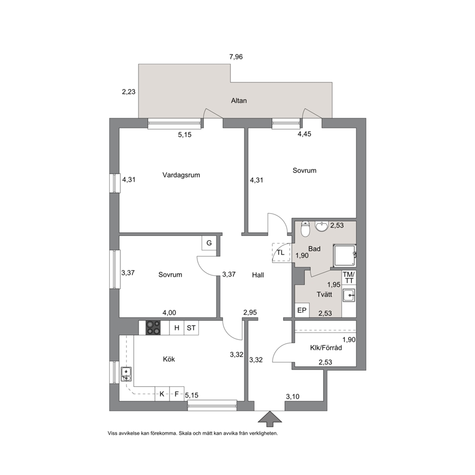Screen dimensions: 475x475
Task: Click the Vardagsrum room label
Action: pyautogui.click(x=181, y=175)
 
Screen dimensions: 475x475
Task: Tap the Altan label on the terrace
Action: pyautogui.click(x=239, y=101)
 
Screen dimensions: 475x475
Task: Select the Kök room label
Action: pyautogui.click(x=169, y=359)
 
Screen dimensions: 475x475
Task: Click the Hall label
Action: pyautogui.click(x=258, y=275)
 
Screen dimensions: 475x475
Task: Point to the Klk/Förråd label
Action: pyautogui.click(x=326, y=348)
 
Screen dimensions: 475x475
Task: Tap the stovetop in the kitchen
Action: pyautogui.click(x=153, y=328)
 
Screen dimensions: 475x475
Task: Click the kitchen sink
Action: pyautogui.click(x=126, y=374)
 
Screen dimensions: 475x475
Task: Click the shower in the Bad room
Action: pyautogui.click(x=345, y=256)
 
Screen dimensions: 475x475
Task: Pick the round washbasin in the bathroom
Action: pyautogui.click(x=322, y=226)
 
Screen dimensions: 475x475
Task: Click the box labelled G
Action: pyautogui.click(x=209, y=243)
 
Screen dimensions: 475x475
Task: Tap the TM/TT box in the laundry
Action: pyautogui.click(x=349, y=278)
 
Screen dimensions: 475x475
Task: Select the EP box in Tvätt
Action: pyautogui.click(x=302, y=310)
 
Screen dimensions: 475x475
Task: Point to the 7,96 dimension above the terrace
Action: pyautogui.click(x=236, y=57)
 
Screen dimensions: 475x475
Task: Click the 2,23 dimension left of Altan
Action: pyautogui.click(x=129, y=91)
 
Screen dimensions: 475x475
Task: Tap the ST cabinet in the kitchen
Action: pyautogui.click(x=191, y=328)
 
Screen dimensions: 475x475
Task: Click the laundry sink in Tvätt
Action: pyautogui.click(x=349, y=295)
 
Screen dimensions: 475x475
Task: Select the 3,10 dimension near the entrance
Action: pyautogui.click(x=293, y=396)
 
